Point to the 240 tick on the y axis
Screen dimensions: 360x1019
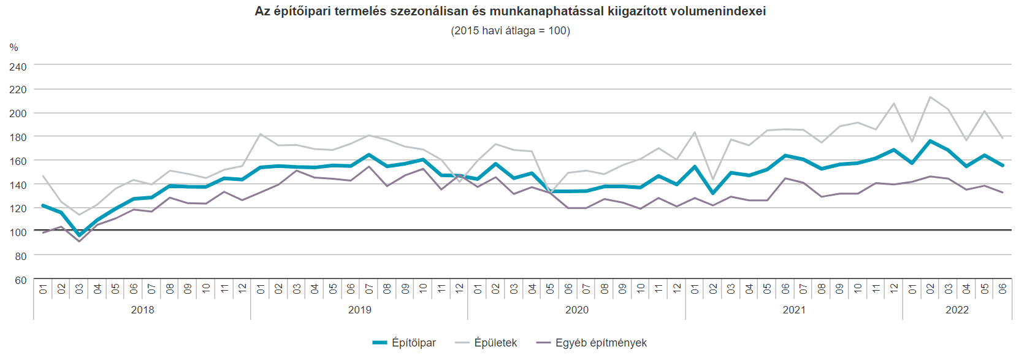coord(18,66)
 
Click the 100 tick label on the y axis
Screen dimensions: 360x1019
coord(18,232)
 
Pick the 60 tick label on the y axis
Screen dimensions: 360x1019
coord(21,280)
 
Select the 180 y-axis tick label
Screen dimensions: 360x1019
coord(18,137)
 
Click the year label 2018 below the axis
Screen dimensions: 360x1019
coord(142,310)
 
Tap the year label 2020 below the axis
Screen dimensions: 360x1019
coord(576,310)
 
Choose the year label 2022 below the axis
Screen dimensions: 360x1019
coord(956,310)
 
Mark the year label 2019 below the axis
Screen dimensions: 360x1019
coord(359,310)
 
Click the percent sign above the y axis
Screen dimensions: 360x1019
coord(14,47)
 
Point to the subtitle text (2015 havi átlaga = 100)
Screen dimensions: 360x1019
coord(510,31)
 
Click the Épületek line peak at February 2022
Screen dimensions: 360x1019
coord(930,97)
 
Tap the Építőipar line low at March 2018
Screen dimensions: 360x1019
coord(79,235)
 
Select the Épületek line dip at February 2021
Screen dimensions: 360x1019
coord(713,178)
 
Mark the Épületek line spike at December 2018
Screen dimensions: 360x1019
coord(260,134)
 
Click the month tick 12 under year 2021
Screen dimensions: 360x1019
coord(894,288)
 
